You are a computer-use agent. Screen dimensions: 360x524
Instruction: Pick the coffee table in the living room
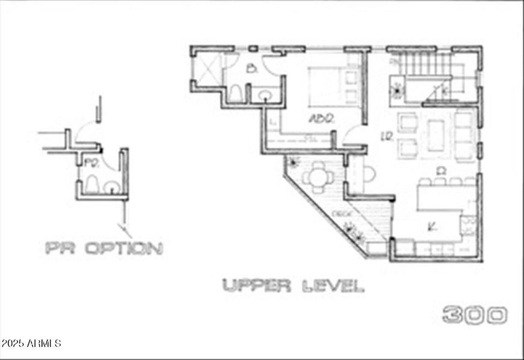click(x=436, y=135)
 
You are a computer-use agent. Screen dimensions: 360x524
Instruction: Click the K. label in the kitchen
click(x=431, y=226)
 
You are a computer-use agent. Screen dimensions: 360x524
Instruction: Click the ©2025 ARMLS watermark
click(x=31, y=344)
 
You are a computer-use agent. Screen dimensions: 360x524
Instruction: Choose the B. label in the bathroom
click(x=252, y=69)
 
